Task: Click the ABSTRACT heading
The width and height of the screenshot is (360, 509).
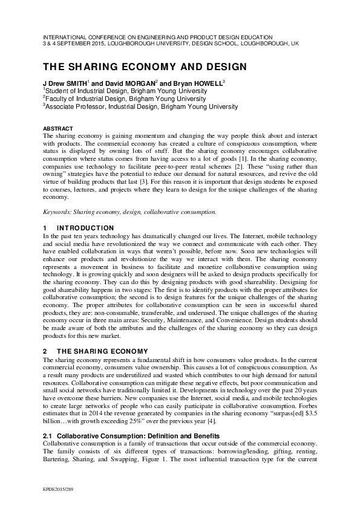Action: tap(58, 129)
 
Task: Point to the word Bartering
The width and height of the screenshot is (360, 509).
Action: tap(57, 443)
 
